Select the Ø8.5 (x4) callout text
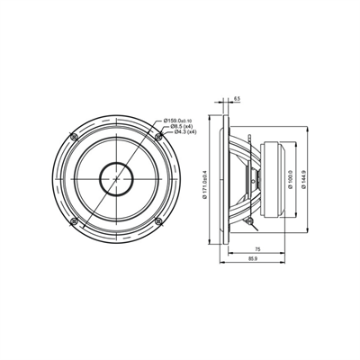[x=181, y=128]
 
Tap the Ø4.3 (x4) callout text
[x=181, y=135]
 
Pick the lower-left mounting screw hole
[x=76, y=220]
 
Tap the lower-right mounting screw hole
[x=158, y=220]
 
